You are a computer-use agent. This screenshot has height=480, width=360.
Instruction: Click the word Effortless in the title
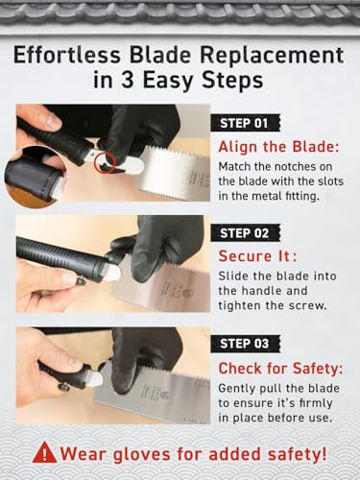click(x=67, y=55)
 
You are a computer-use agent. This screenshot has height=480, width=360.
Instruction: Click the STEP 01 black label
click(x=245, y=123)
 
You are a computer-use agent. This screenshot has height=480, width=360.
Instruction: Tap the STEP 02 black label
click(x=245, y=233)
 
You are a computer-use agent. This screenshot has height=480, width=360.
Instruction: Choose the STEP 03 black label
click(x=245, y=344)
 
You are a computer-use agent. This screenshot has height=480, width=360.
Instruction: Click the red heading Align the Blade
click(x=278, y=147)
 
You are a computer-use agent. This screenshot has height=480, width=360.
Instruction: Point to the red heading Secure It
click(x=257, y=256)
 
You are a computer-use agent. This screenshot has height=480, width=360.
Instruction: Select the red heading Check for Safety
click(x=280, y=369)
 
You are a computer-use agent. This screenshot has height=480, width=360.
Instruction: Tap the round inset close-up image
click(x=35, y=177)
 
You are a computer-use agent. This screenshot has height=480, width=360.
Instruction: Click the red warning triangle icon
click(x=44, y=453)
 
